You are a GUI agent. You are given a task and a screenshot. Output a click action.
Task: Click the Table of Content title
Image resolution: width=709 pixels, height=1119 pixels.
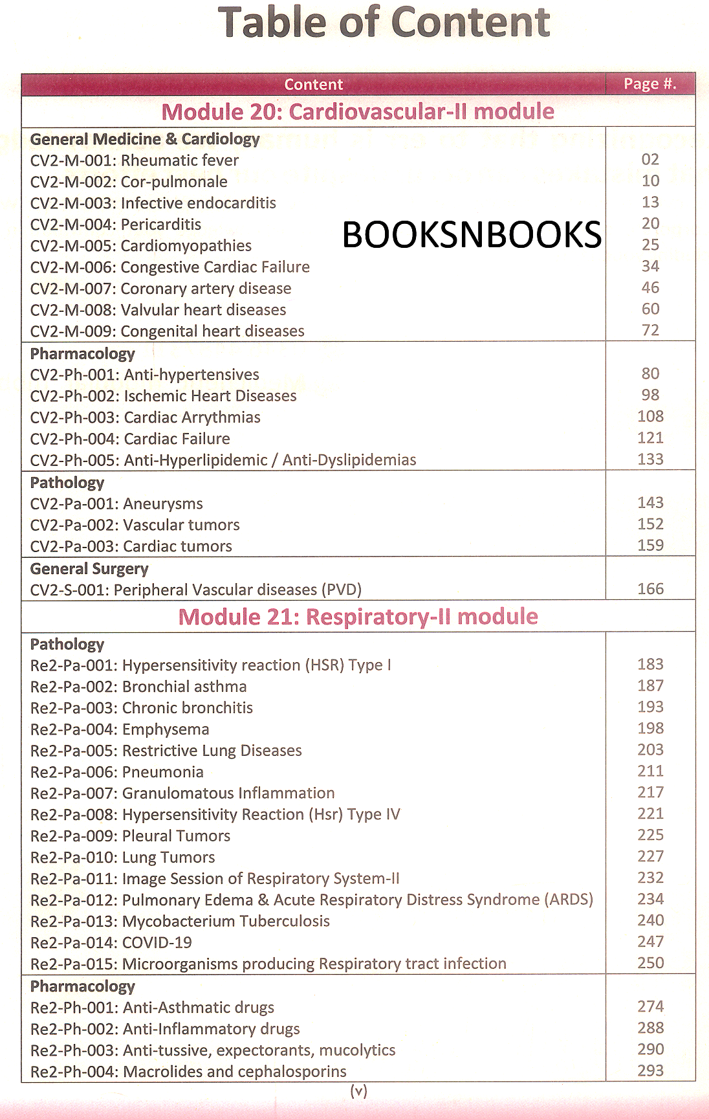384,23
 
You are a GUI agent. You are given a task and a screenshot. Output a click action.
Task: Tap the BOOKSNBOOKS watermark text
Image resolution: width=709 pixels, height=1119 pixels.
472,234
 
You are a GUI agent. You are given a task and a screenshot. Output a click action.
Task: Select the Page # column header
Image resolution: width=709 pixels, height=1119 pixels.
649,84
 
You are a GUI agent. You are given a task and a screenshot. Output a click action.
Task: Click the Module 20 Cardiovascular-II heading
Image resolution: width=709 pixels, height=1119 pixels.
358,111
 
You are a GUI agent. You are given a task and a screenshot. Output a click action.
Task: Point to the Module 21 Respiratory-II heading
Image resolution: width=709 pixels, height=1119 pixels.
358,617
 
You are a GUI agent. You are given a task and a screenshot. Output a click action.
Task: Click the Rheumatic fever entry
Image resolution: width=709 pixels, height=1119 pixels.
134,161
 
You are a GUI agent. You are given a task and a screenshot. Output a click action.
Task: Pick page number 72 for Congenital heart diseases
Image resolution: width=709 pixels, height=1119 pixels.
650,331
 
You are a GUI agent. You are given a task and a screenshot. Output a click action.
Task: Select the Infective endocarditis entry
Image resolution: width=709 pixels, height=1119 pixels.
153,203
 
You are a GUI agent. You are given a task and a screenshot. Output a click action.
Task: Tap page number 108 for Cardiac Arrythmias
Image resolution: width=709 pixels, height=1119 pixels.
650,417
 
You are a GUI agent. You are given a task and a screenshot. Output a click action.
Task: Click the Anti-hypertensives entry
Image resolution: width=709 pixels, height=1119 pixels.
144,375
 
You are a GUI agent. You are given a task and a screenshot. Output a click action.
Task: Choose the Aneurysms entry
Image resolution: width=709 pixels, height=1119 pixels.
116,504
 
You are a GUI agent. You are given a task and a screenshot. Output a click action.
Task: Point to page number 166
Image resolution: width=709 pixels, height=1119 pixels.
650,589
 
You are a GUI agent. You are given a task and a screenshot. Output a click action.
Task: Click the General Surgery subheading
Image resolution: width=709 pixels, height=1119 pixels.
89,569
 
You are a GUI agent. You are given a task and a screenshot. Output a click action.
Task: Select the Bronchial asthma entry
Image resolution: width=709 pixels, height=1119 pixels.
138,687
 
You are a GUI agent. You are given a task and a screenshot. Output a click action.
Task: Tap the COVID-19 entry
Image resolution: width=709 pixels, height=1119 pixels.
111,943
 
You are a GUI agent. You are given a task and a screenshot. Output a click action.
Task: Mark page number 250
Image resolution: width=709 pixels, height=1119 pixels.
650,963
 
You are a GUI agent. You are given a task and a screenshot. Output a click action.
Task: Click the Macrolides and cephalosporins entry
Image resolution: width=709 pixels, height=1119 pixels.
188,1072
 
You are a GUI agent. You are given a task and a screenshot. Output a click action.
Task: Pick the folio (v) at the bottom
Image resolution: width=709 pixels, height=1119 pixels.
358,1091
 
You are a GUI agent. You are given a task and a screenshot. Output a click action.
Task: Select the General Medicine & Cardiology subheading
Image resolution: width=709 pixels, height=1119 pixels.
145,139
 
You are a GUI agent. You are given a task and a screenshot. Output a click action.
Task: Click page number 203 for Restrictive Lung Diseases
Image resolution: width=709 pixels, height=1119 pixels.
650,750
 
